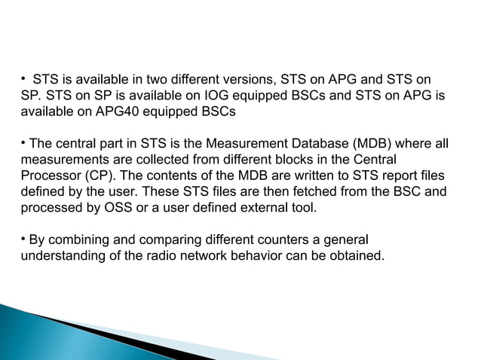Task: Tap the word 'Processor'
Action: point(44,176)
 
